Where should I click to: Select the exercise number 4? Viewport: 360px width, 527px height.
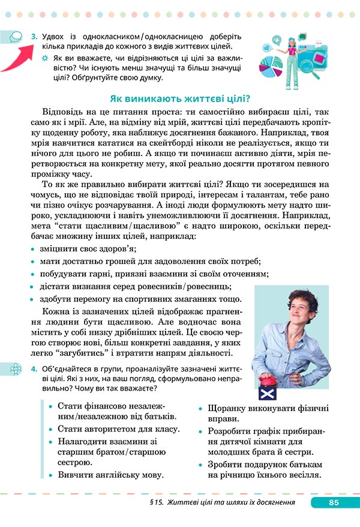[34, 368]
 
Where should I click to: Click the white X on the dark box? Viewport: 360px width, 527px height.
[266, 394]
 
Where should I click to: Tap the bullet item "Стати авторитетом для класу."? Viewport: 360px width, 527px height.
[119, 429]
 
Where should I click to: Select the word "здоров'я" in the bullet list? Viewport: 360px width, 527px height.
[117, 248]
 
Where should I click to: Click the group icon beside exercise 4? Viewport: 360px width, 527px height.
[15, 369]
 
